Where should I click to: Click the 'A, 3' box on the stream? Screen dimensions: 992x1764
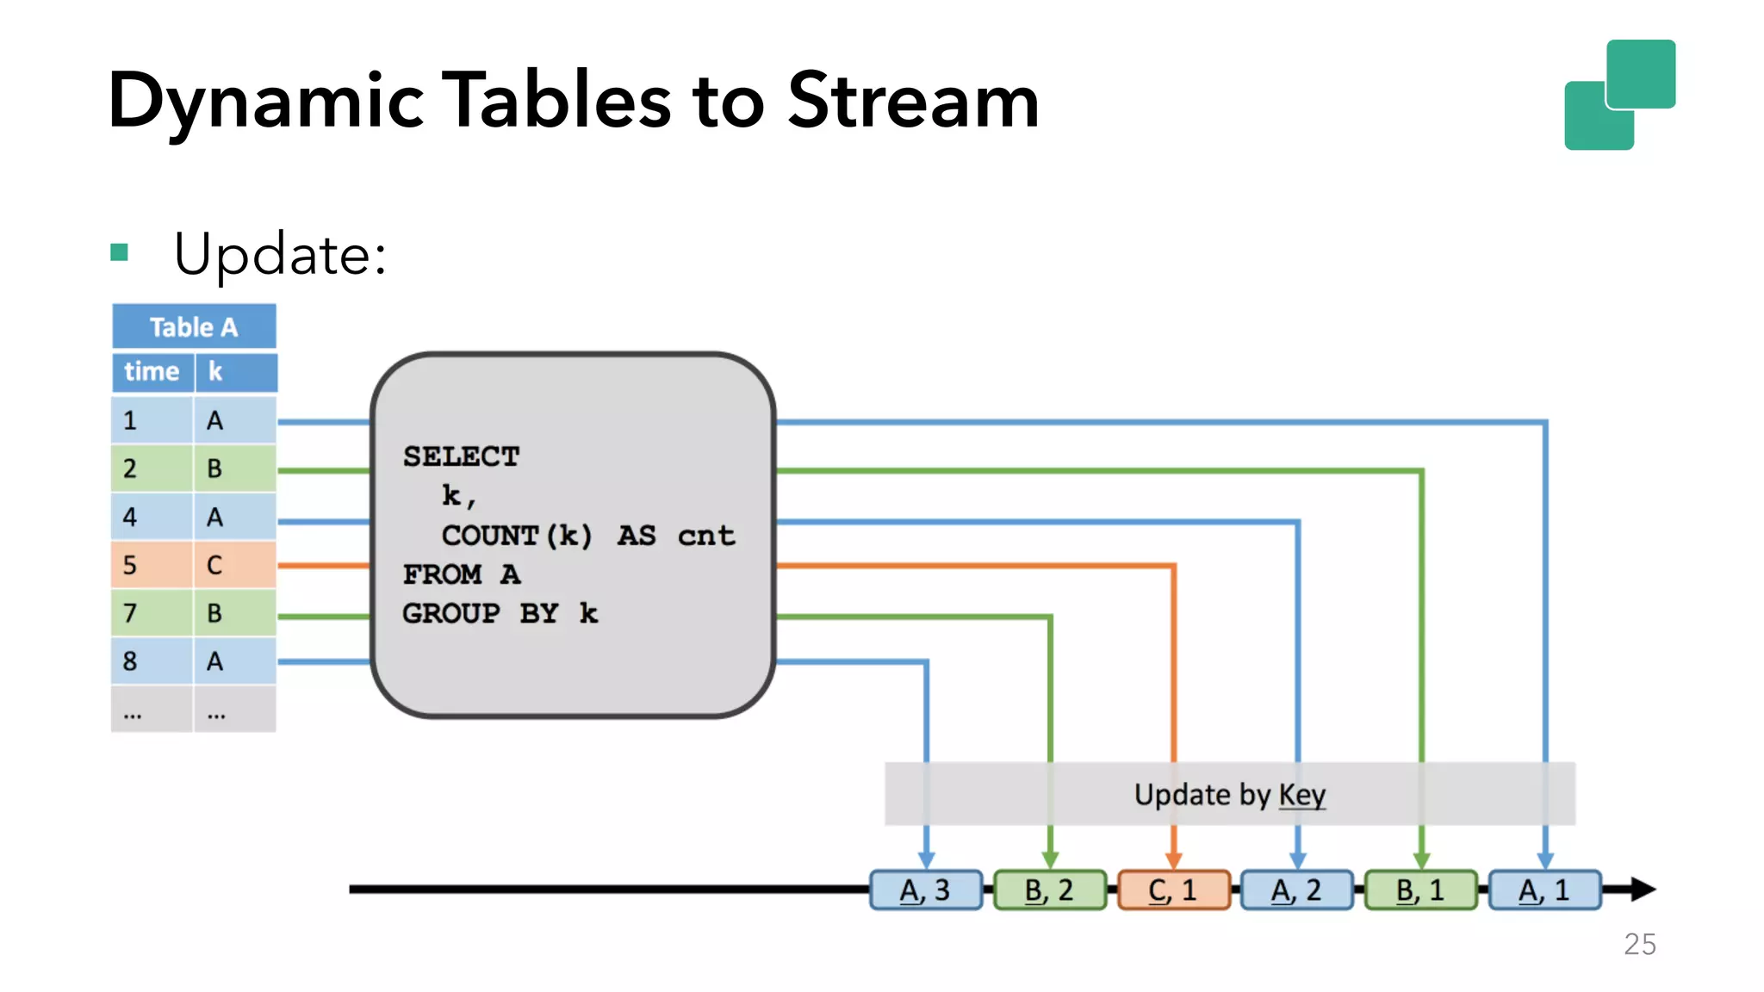click(926, 890)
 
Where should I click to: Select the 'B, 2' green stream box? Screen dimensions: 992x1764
click(1050, 890)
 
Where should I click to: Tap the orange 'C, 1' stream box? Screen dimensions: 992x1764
click(1173, 890)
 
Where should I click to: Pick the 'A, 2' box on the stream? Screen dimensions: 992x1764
click(1297, 890)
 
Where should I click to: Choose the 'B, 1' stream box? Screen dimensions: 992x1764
click(1421, 890)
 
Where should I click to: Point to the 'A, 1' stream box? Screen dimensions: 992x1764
click(1545, 890)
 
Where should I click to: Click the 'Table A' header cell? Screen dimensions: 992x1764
click(194, 327)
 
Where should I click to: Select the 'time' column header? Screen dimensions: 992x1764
click(152, 372)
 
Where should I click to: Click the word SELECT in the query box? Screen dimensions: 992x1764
click(462, 456)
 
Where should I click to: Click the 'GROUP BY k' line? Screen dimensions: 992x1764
click(500, 613)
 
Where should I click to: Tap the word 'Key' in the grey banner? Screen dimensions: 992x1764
click(1301, 795)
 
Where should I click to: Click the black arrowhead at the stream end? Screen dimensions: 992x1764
click(1642, 890)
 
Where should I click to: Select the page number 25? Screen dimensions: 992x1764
click(1640, 945)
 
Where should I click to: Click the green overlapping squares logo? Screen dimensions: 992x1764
click(1619, 95)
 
